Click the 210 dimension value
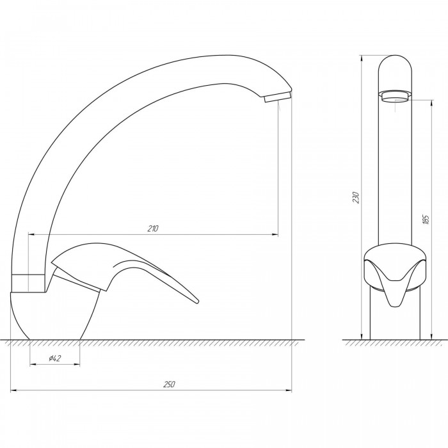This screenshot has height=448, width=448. pyautogui.click(x=153, y=228)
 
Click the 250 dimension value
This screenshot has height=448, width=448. pyautogui.click(x=169, y=384)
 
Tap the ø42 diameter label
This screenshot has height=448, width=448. pyautogui.click(x=55, y=358)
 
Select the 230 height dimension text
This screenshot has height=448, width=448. pyautogui.click(x=356, y=197)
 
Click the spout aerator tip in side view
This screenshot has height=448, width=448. pyautogui.click(x=277, y=97)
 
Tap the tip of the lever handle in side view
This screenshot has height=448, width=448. pyautogui.click(x=196, y=301)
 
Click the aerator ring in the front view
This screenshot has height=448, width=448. pyautogui.click(x=395, y=96)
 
